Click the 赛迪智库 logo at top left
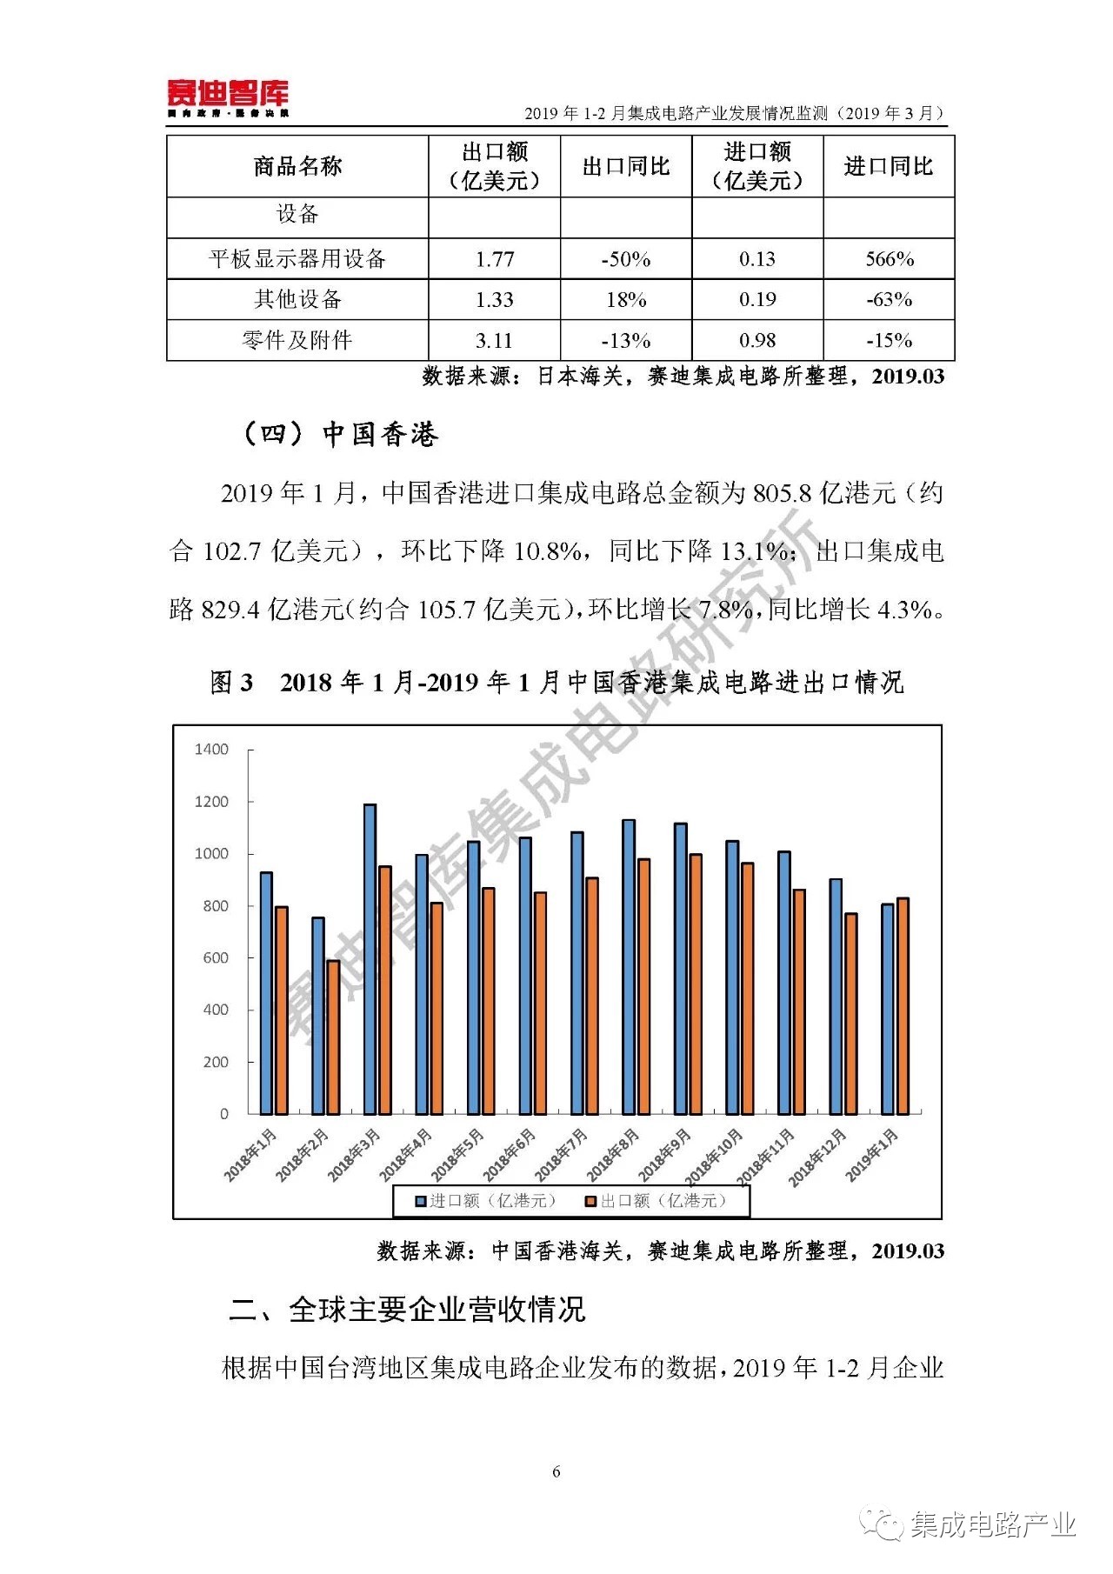coord(228,97)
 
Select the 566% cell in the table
coord(889,259)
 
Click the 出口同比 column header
coord(626,166)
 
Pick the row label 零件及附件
coord(297,340)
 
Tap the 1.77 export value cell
coord(495,259)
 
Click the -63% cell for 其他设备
coord(889,300)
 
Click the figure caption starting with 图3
coord(556,683)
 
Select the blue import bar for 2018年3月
coord(370,958)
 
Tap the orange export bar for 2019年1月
coord(903,1005)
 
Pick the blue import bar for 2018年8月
coord(628,966)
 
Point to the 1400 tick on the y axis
coord(211,750)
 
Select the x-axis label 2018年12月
coord(818,1157)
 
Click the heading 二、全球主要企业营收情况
coord(407,1310)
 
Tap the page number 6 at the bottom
coord(556,1471)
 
